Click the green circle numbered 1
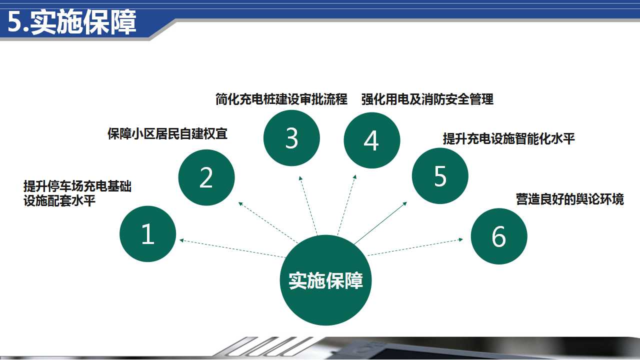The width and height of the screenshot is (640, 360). [147, 233]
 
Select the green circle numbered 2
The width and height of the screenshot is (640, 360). [206, 177]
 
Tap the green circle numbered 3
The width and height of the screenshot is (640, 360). [291, 138]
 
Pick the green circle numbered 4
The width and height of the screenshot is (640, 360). [371, 140]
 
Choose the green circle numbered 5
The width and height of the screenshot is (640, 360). [440, 175]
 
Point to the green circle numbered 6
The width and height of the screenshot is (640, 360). [499, 236]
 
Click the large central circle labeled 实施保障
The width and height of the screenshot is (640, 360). [325, 280]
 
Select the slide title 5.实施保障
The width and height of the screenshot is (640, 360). [71, 22]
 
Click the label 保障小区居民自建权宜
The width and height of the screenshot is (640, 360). [167, 133]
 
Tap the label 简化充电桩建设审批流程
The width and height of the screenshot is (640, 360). [281, 99]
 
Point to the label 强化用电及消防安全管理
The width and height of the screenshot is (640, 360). [427, 99]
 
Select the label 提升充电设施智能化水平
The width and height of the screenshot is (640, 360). [509, 138]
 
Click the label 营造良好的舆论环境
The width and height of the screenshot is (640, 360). [569, 199]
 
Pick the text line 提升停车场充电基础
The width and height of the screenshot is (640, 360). [77, 186]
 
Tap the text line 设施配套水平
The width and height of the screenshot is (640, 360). [59, 200]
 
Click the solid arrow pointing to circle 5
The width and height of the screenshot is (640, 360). [380, 223]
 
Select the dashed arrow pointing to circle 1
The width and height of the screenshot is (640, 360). [232, 248]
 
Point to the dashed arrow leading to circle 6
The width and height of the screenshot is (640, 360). [415, 247]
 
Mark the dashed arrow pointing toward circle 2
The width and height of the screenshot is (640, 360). [268, 222]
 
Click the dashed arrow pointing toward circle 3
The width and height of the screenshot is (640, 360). [308, 205]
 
